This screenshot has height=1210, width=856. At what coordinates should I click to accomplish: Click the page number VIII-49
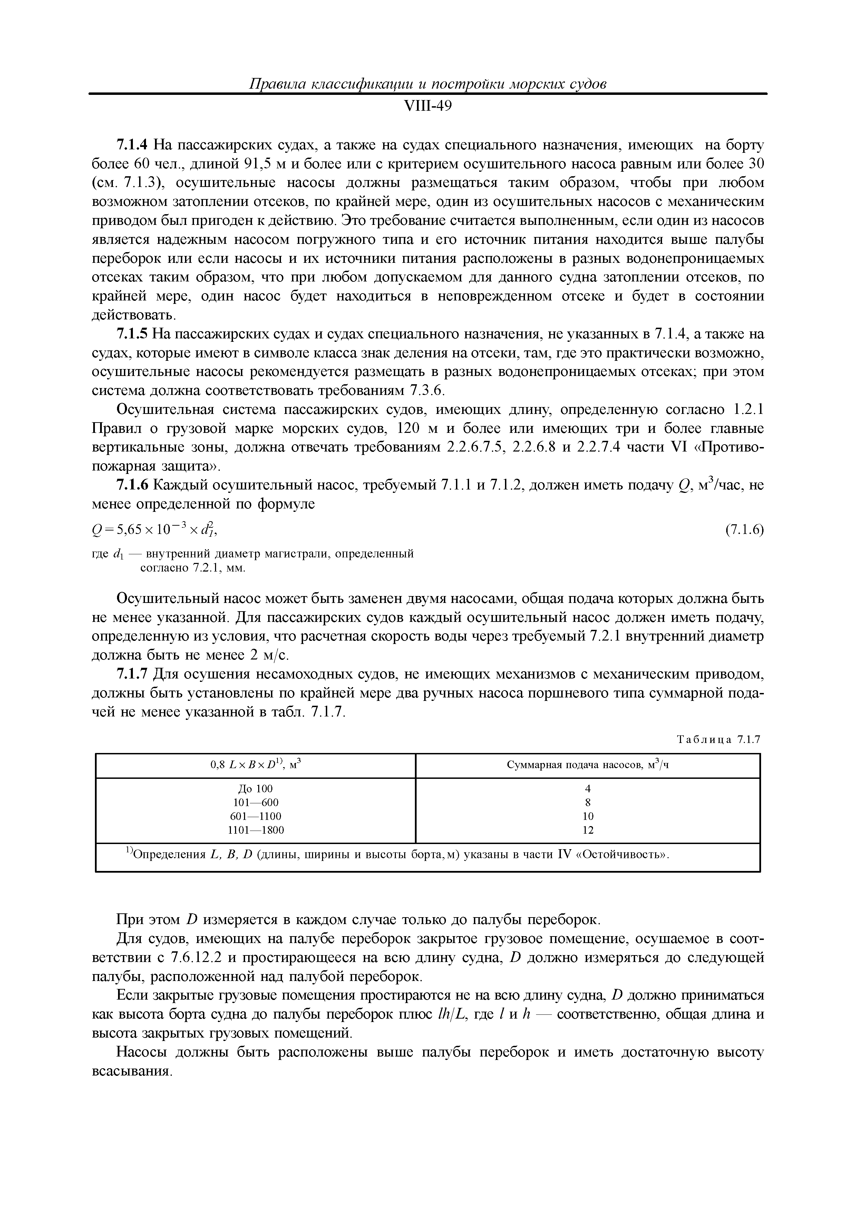pos(427,107)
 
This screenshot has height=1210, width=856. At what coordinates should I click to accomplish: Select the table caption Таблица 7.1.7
pos(718,740)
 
